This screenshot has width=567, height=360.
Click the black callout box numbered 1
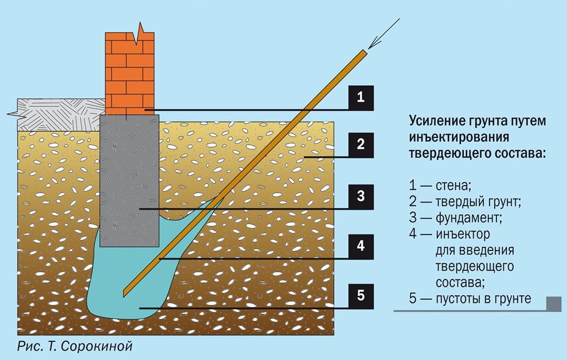coord(360,97)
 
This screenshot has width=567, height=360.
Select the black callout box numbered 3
coord(360,196)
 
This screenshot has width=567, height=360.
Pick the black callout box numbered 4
coord(360,246)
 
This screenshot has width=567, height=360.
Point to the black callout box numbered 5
coord(360,295)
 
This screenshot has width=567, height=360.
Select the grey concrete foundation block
coord(129,175)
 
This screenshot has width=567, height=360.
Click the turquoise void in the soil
coord(117,286)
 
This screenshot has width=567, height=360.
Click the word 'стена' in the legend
coord(452,186)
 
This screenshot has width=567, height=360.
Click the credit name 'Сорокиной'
coord(105,347)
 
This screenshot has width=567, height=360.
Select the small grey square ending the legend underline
coord(554,303)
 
